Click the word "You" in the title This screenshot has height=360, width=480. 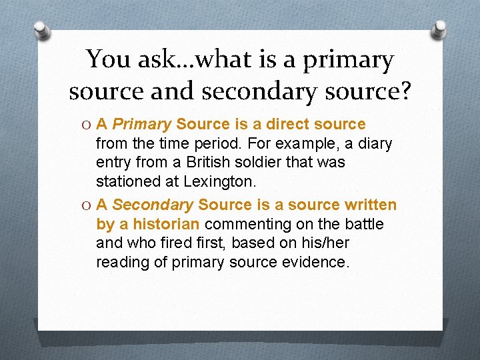coord(109,61)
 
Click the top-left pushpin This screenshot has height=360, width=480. coord(41,30)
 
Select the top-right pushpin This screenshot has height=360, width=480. coord(440,29)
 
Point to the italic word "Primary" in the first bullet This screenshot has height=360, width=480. coord(142,125)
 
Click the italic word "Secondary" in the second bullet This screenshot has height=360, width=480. coord(153,205)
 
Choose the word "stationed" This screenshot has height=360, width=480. coord(125,181)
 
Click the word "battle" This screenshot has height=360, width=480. coord(364,224)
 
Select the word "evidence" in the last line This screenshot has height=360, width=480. coord(317,262)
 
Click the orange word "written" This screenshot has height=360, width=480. coord(369,205)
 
